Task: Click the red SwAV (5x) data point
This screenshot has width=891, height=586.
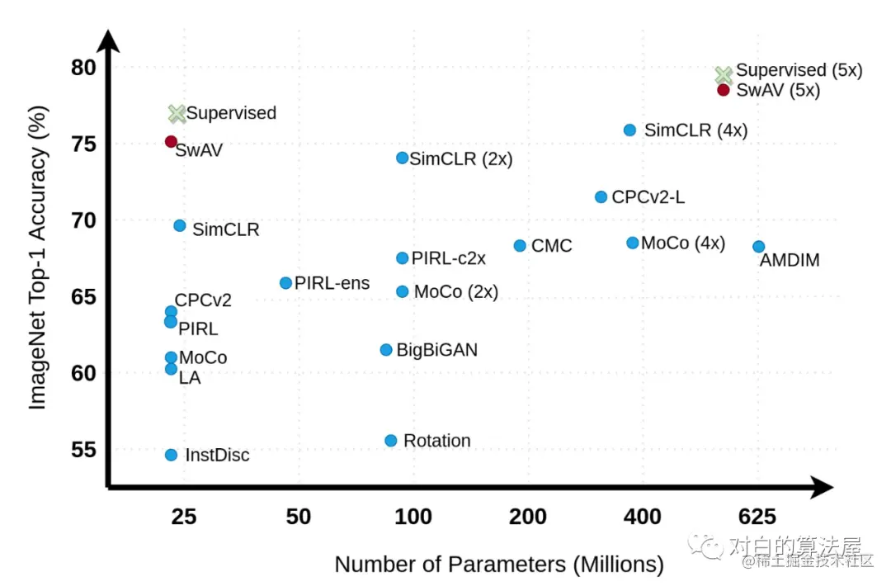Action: point(724,90)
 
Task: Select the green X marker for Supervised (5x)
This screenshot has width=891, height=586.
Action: point(724,75)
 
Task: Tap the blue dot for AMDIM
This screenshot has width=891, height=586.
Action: point(759,247)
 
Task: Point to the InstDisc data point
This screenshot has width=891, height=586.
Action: point(171,455)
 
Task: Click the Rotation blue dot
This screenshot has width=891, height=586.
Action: point(391,441)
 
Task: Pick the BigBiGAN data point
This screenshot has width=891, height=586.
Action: point(386,350)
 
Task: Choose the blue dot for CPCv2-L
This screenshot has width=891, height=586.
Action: point(601,197)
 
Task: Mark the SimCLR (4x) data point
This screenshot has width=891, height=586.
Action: point(629,130)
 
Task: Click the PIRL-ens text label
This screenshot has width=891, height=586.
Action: point(332,284)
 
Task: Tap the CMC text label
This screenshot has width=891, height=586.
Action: point(551,246)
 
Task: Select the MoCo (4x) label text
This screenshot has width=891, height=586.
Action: point(683,243)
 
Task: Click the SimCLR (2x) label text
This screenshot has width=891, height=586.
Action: point(460,159)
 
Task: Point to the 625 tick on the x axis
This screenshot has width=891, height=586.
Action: point(757,517)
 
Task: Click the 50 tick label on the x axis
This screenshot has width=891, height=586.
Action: point(298,517)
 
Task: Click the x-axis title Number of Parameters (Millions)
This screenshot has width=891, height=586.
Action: point(499,565)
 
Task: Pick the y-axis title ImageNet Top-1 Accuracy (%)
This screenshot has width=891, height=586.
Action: point(38,262)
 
